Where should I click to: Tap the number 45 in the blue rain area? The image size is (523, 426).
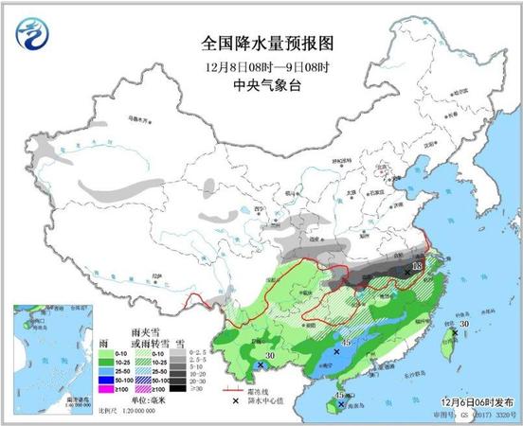coord(346,343)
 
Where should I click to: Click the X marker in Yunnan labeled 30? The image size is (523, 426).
coord(260,364)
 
